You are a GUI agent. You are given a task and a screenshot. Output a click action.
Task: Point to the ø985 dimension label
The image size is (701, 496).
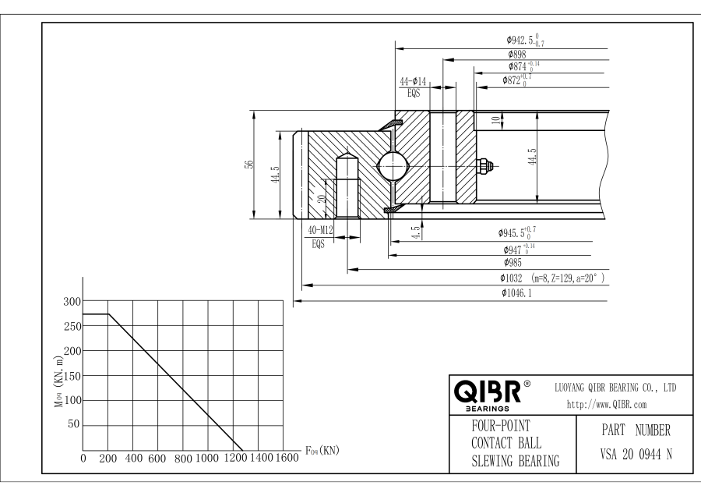[513, 263]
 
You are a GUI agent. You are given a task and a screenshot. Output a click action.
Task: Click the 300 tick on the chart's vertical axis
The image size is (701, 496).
[72, 301]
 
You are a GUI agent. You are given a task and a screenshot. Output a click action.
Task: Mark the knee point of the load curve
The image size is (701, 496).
[108, 314]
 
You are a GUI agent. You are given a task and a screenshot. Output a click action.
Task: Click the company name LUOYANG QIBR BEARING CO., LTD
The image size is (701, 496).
[614, 387]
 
